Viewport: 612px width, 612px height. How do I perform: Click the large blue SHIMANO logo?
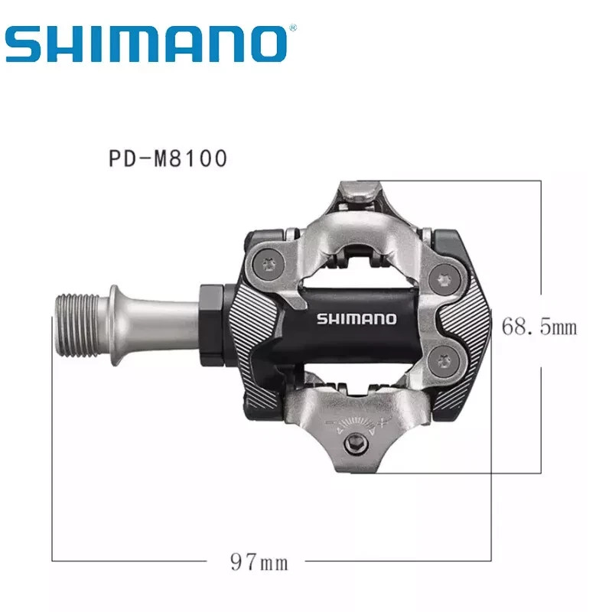point(146,44)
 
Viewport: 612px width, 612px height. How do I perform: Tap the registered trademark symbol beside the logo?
point(293,28)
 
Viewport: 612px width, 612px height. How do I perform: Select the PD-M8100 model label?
point(168,158)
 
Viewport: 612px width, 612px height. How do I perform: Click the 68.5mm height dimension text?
point(539,327)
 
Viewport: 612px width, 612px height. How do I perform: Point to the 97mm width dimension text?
point(259,562)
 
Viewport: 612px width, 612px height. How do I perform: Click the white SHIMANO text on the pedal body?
point(356,319)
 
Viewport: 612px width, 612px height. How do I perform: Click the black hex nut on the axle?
point(213,324)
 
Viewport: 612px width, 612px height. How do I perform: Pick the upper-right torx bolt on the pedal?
point(444,279)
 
